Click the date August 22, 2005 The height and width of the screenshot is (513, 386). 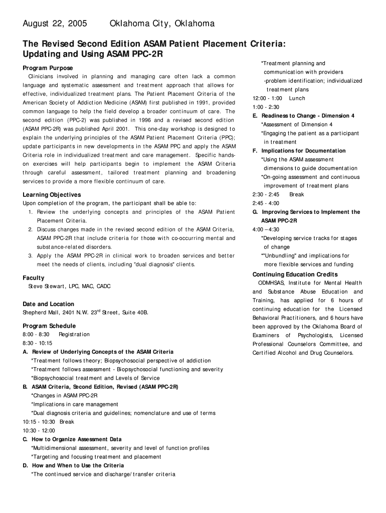pyautogui.click(x=55, y=24)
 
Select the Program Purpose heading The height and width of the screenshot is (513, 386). pyautogui.click(x=48, y=68)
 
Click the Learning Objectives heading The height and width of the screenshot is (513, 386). pyautogui.click(x=52, y=194)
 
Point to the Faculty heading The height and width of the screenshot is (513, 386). pyautogui.click(x=34, y=278)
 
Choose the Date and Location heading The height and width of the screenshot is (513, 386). pyautogui.click(x=48, y=304)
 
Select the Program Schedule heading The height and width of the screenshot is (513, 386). pyautogui.click(x=49, y=326)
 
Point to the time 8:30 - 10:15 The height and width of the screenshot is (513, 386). pyautogui.click(x=38, y=343)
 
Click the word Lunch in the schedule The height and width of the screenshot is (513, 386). pyautogui.click(x=297, y=98)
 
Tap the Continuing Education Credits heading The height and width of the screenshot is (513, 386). pyautogui.click(x=295, y=275)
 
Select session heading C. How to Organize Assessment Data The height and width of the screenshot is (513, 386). pyautogui.click(x=73, y=439)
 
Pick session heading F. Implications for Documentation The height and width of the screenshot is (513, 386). pyautogui.click(x=299, y=151)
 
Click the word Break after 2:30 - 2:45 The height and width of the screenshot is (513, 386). pyautogui.click(x=296, y=194)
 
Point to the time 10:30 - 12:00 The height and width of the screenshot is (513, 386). pyautogui.click(x=39, y=431)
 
